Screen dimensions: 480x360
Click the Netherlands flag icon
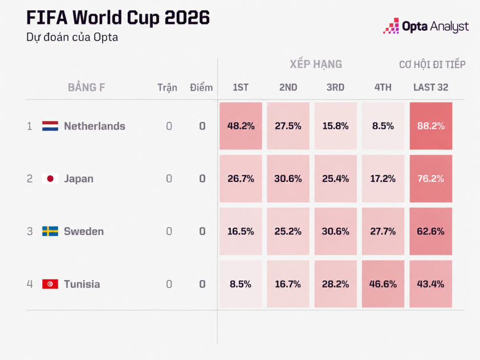[x=50, y=126]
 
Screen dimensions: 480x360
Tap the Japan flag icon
[x=50, y=179]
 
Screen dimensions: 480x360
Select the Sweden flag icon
[x=50, y=231]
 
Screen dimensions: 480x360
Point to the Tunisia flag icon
[x=50, y=284]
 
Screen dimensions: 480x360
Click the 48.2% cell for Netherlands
[x=241, y=126]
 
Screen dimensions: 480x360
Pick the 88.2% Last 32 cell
[x=431, y=126]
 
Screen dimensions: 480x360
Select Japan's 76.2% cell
[x=431, y=179]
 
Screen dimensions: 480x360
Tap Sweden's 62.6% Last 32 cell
[x=431, y=231]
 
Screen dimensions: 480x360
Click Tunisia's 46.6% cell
[x=383, y=284]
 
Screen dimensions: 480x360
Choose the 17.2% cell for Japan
[x=383, y=179]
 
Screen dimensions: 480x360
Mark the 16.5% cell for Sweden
[x=241, y=231]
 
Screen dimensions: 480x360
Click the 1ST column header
[x=241, y=88]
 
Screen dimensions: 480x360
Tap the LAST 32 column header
[x=431, y=88]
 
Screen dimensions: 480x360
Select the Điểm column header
[x=201, y=88]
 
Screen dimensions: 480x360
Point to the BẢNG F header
[x=86, y=87]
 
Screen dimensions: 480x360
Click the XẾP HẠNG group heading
[x=316, y=64]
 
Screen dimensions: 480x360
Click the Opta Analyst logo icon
[x=391, y=26]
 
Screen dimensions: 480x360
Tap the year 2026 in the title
[x=187, y=18]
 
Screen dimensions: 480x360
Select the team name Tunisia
[x=82, y=284]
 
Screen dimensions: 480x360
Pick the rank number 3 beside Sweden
[x=30, y=231]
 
